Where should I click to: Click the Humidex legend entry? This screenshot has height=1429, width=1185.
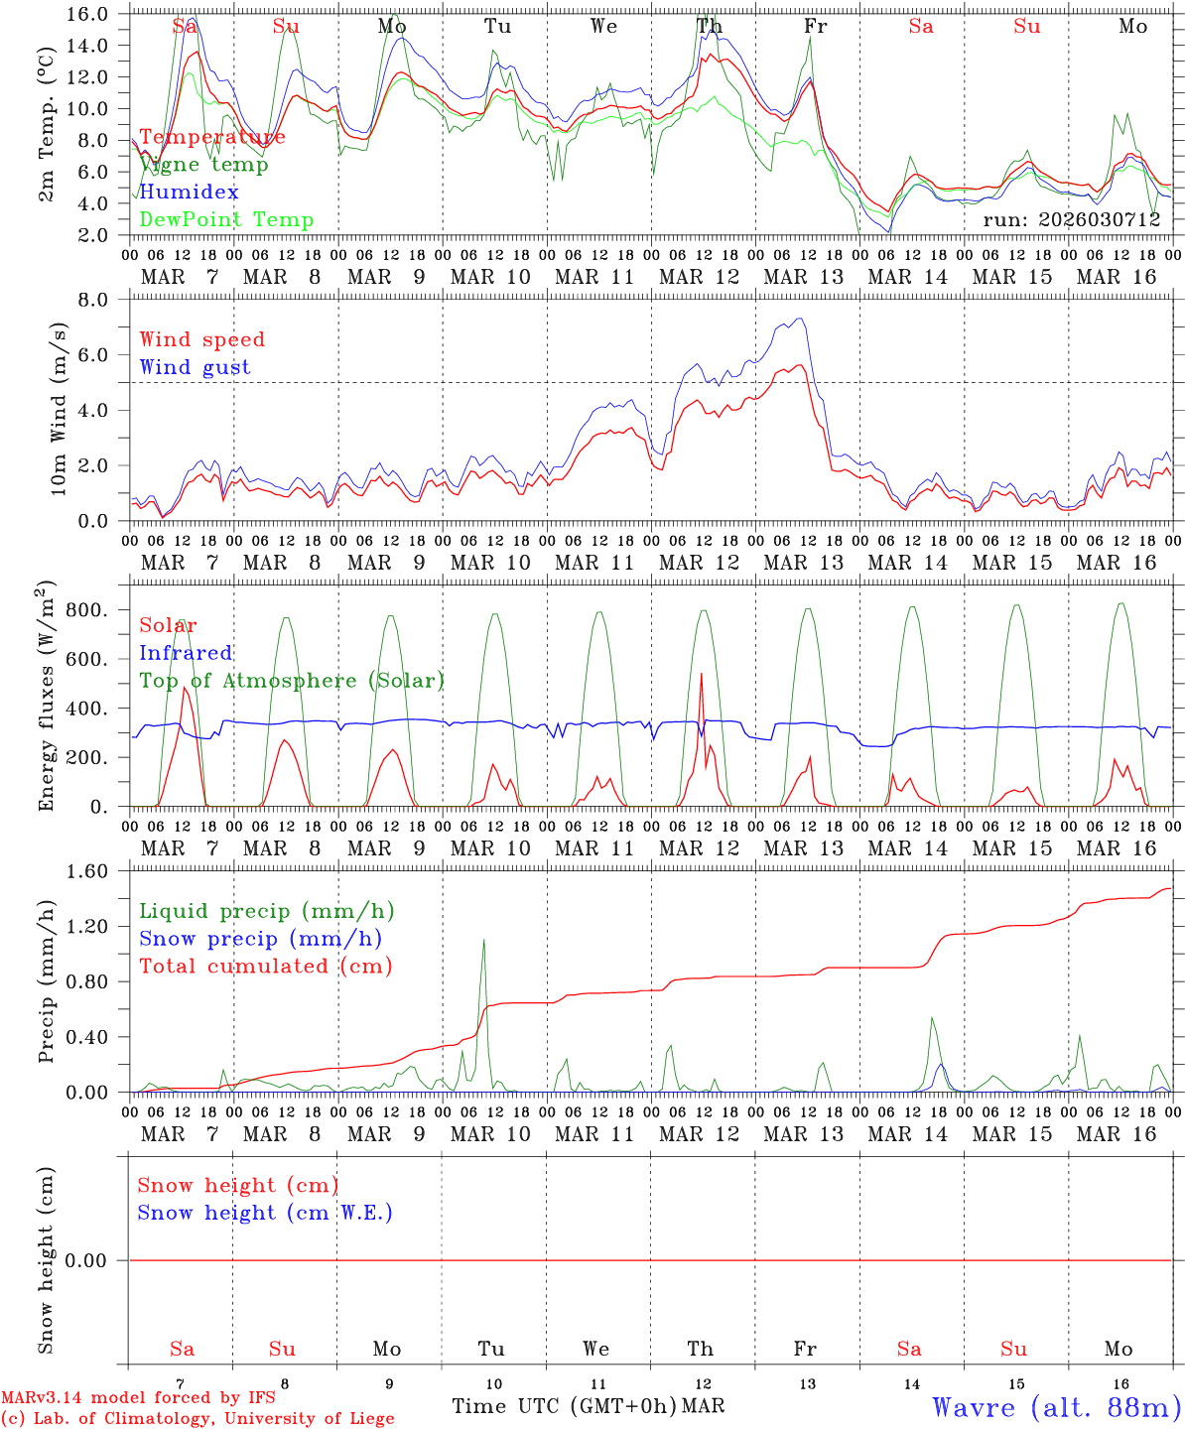pos(190,193)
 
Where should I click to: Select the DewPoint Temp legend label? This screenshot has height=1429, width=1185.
pos(226,220)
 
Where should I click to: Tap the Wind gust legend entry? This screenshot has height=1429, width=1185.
pos(195,367)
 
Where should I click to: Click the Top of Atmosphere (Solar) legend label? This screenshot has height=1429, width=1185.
pos(292,681)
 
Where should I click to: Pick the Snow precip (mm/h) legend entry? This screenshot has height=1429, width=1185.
pos(260,939)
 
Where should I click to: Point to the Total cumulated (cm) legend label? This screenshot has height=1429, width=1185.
pos(265,966)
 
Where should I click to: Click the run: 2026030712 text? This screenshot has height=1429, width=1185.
pos(1071,219)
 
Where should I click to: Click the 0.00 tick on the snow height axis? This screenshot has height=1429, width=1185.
pos(95,1260)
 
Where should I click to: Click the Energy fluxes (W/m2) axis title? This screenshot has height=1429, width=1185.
pos(47,698)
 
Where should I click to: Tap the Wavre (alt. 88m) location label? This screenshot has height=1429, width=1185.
pos(1056,1406)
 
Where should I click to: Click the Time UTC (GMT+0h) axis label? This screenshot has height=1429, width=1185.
pos(565,1406)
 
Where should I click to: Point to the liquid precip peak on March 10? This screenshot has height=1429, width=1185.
pos(483,940)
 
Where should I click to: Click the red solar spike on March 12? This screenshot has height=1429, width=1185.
pos(702,674)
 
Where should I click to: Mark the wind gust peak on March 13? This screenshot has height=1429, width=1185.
pos(799,319)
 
